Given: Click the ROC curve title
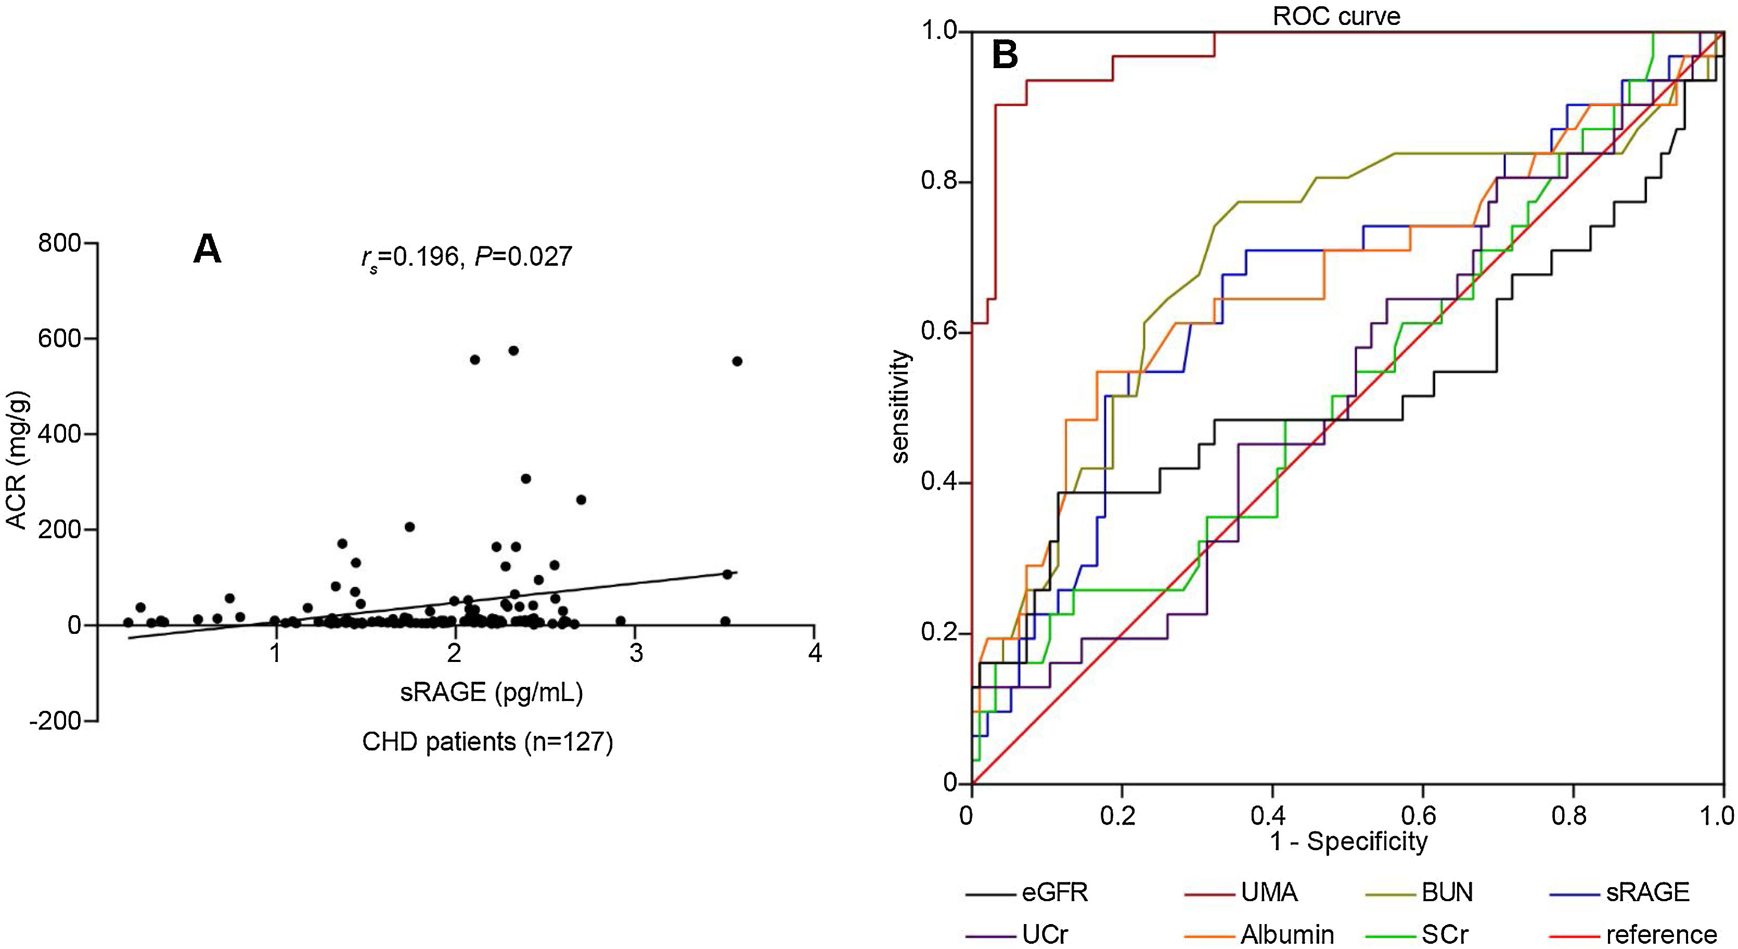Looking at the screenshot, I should (1336, 16).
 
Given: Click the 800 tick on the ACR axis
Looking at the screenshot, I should (59, 243).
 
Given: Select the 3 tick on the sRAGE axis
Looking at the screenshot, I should (636, 653).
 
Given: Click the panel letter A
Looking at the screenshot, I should (207, 250).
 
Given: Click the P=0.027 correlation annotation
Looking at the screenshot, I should (523, 256).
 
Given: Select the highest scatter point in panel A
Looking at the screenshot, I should (513, 350).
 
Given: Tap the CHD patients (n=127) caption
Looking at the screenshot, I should (487, 742).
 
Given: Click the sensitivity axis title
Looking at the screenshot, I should (900, 407).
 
